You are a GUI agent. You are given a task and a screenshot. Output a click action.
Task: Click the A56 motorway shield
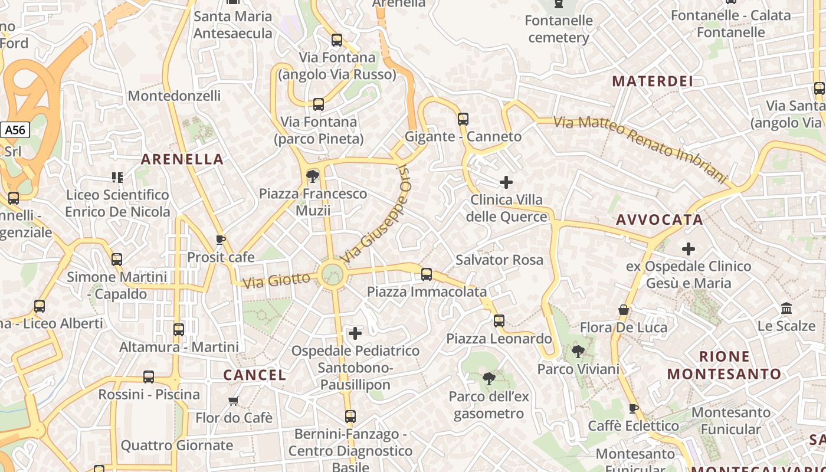click(x=15, y=130)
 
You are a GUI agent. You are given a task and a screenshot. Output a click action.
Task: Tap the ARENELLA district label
click(x=182, y=159)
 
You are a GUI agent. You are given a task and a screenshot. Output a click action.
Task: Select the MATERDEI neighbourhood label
click(x=653, y=81)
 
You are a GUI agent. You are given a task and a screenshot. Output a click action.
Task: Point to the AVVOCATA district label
click(x=660, y=220)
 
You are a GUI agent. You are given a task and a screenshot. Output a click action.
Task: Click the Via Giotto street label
click(x=276, y=280)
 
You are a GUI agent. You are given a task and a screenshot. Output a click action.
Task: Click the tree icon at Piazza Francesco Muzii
click(x=313, y=176)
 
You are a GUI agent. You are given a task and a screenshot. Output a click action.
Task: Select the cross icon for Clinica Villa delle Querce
click(x=506, y=182)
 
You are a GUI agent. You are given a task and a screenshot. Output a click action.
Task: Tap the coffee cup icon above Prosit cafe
click(x=221, y=240)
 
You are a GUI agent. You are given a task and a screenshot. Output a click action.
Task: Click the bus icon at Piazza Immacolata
click(x=427, y=274)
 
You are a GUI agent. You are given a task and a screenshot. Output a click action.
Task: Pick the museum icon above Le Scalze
click(x=786, y=308)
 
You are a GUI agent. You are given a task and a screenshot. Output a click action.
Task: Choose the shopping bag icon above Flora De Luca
click(x=624, y=310)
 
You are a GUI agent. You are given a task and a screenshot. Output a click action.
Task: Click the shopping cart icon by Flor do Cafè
click(x=234, y=401)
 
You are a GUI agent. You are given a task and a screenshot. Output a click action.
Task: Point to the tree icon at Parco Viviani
click(x=578, y=352)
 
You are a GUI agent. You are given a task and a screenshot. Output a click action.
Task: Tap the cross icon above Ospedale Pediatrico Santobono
click(x=355, y=333)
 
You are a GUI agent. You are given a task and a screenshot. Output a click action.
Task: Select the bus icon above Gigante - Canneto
click(x=463, y=119)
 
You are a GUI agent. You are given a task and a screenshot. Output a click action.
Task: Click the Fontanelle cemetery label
click(x=558, y=29)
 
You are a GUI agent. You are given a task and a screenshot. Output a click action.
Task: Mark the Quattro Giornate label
click(x=177, y=445)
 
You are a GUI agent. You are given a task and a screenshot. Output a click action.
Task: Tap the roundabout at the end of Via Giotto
click(x=332, y=274)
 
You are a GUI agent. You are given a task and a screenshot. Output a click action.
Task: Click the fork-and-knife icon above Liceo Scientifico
click(x=117, y=177)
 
